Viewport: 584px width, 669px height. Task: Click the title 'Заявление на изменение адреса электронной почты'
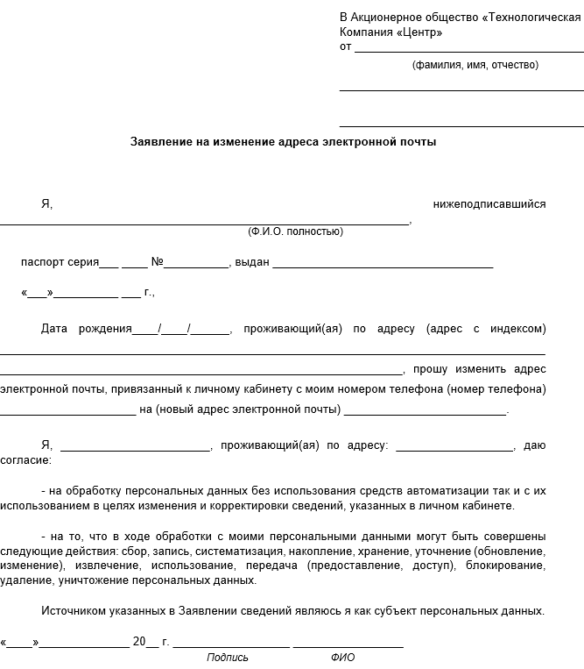(x=283, y=141)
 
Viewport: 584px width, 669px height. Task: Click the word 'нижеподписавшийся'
(x=489, y=204)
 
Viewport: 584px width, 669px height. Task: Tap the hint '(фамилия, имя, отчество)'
(x=475, y=65)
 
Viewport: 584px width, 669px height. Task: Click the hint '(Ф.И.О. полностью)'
(x=295, y=231)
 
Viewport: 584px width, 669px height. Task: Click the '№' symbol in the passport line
(x=158, y=262)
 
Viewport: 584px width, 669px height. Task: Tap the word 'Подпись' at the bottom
(x=228, y=658)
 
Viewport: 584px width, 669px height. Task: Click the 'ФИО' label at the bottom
(x=342, y=658)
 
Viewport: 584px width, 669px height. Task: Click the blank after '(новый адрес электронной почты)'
(x=426, y=413)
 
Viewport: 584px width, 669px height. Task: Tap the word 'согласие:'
(x=25, y=459)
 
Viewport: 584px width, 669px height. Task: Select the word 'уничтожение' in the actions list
(x=92, y=580)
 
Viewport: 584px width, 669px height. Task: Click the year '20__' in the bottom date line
(x=145, y=642)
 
